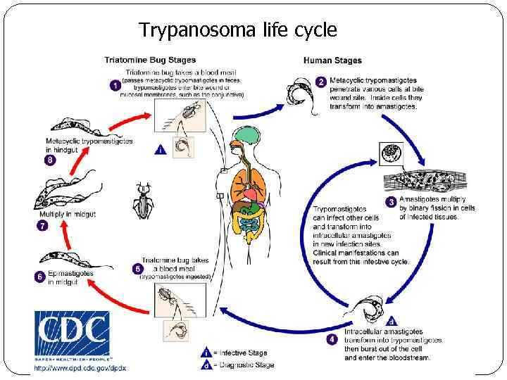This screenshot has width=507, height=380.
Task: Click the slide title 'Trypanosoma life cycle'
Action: [x=238, y=30]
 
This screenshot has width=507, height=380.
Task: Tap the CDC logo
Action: [x=72, y=335]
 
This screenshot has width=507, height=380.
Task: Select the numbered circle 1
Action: [x=115, y=85]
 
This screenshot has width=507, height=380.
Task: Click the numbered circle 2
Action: [x=321, y=82]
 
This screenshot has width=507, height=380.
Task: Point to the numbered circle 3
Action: [x=391, y=202]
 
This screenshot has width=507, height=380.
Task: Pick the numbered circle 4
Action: [x=333, y=340]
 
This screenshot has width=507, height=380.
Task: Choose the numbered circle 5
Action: [x=137, y=268]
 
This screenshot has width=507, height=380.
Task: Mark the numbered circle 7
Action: [x=41, y=227]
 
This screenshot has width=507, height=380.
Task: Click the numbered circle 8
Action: [x=49, y=160]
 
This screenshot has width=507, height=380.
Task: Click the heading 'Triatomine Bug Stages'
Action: [x=151, y=60]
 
